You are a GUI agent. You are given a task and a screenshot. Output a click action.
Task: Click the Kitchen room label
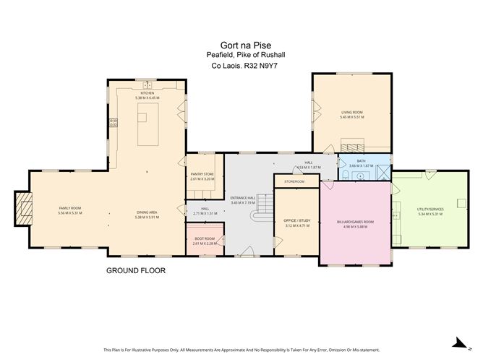(x=147, y=94)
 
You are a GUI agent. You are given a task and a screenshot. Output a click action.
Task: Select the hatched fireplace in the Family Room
(x=25, y=209)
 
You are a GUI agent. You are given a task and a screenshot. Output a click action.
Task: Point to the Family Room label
(x=69, y=209)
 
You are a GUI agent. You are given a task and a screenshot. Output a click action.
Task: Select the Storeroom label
(x=294, y=181)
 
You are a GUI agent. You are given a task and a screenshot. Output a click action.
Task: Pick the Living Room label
(x=351, y=113)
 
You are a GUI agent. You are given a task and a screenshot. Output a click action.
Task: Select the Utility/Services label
(x=429, y=210)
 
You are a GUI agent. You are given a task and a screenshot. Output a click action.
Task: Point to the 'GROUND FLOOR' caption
(x=136, y=271)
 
